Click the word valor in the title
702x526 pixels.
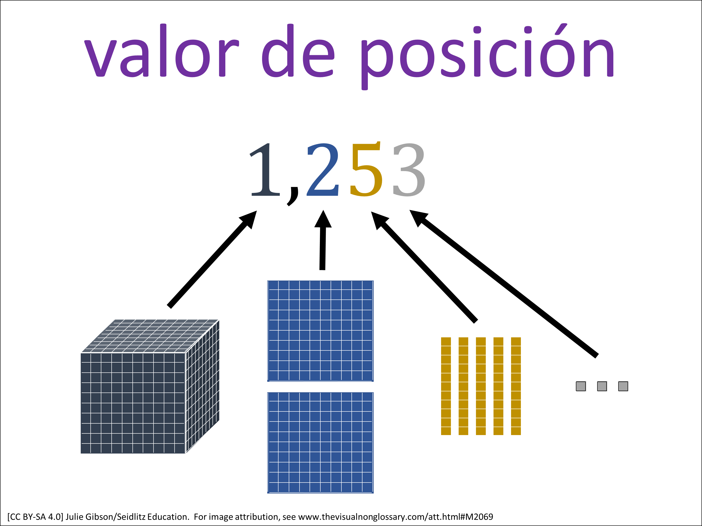point(161,51)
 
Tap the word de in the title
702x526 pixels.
point(298,51)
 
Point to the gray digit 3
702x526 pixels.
point(409,170)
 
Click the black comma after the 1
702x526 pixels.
point(292,196)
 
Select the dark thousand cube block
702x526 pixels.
point(150,386)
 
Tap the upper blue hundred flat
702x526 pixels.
point(320,331)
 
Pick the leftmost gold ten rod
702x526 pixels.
point(446,386)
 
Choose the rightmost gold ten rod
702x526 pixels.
point(516,386)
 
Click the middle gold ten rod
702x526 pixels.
point(481,386)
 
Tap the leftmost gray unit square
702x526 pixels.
point(581,386)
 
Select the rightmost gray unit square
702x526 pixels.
point(623,386)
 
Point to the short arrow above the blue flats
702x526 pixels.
point(323,240)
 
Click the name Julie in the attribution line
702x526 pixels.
point(75,517)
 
